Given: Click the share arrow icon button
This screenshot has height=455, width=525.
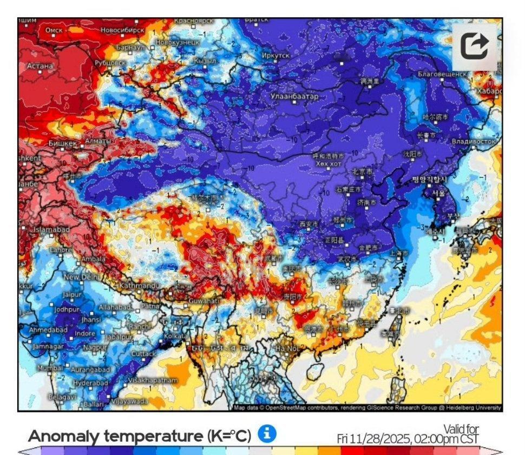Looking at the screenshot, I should coord(475,46).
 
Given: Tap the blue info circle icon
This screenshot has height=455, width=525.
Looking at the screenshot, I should coord(267,433).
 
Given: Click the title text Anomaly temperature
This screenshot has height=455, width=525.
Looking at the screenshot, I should coord(140,436).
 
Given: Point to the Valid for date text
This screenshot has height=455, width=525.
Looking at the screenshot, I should coord(408,434).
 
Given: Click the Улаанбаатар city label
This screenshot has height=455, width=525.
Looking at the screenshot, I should coord(295,96).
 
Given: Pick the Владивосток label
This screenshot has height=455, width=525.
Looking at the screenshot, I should coord(474,141).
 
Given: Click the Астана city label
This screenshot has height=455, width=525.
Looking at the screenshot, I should coord(41,66).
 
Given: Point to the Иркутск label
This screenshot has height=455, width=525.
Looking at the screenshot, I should coord(278,56).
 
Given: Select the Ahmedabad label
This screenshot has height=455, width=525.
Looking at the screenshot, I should coord(48,329).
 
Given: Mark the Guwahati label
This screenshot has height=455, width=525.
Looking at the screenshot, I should coord(204,300).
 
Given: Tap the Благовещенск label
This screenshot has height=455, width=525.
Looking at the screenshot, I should coord(442,74).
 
